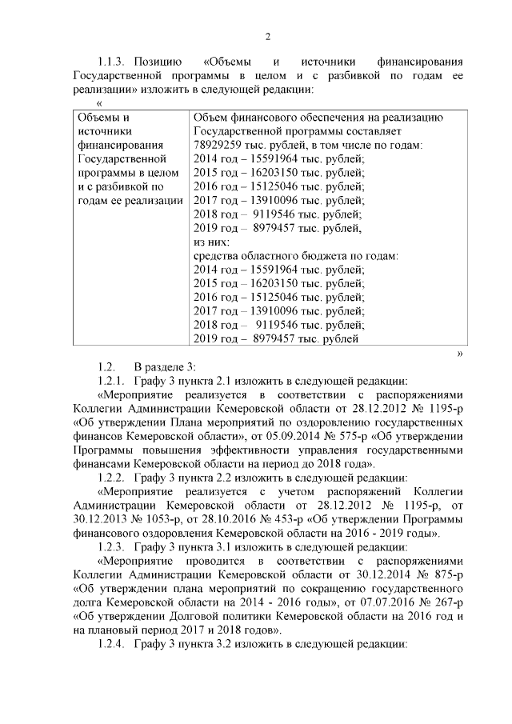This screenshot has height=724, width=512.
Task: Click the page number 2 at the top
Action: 269,36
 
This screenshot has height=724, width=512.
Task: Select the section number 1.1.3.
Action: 112,61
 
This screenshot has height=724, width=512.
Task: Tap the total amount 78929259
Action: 222,145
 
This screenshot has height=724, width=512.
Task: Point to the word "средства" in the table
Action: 218,256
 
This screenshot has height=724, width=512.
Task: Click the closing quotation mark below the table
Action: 459,353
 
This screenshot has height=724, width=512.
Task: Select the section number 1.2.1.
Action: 112,380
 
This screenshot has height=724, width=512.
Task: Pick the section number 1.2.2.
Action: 112,478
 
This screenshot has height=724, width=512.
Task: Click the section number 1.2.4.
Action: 112,644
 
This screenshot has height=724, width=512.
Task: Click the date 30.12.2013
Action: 99,519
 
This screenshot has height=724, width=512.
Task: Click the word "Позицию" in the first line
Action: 159,61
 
